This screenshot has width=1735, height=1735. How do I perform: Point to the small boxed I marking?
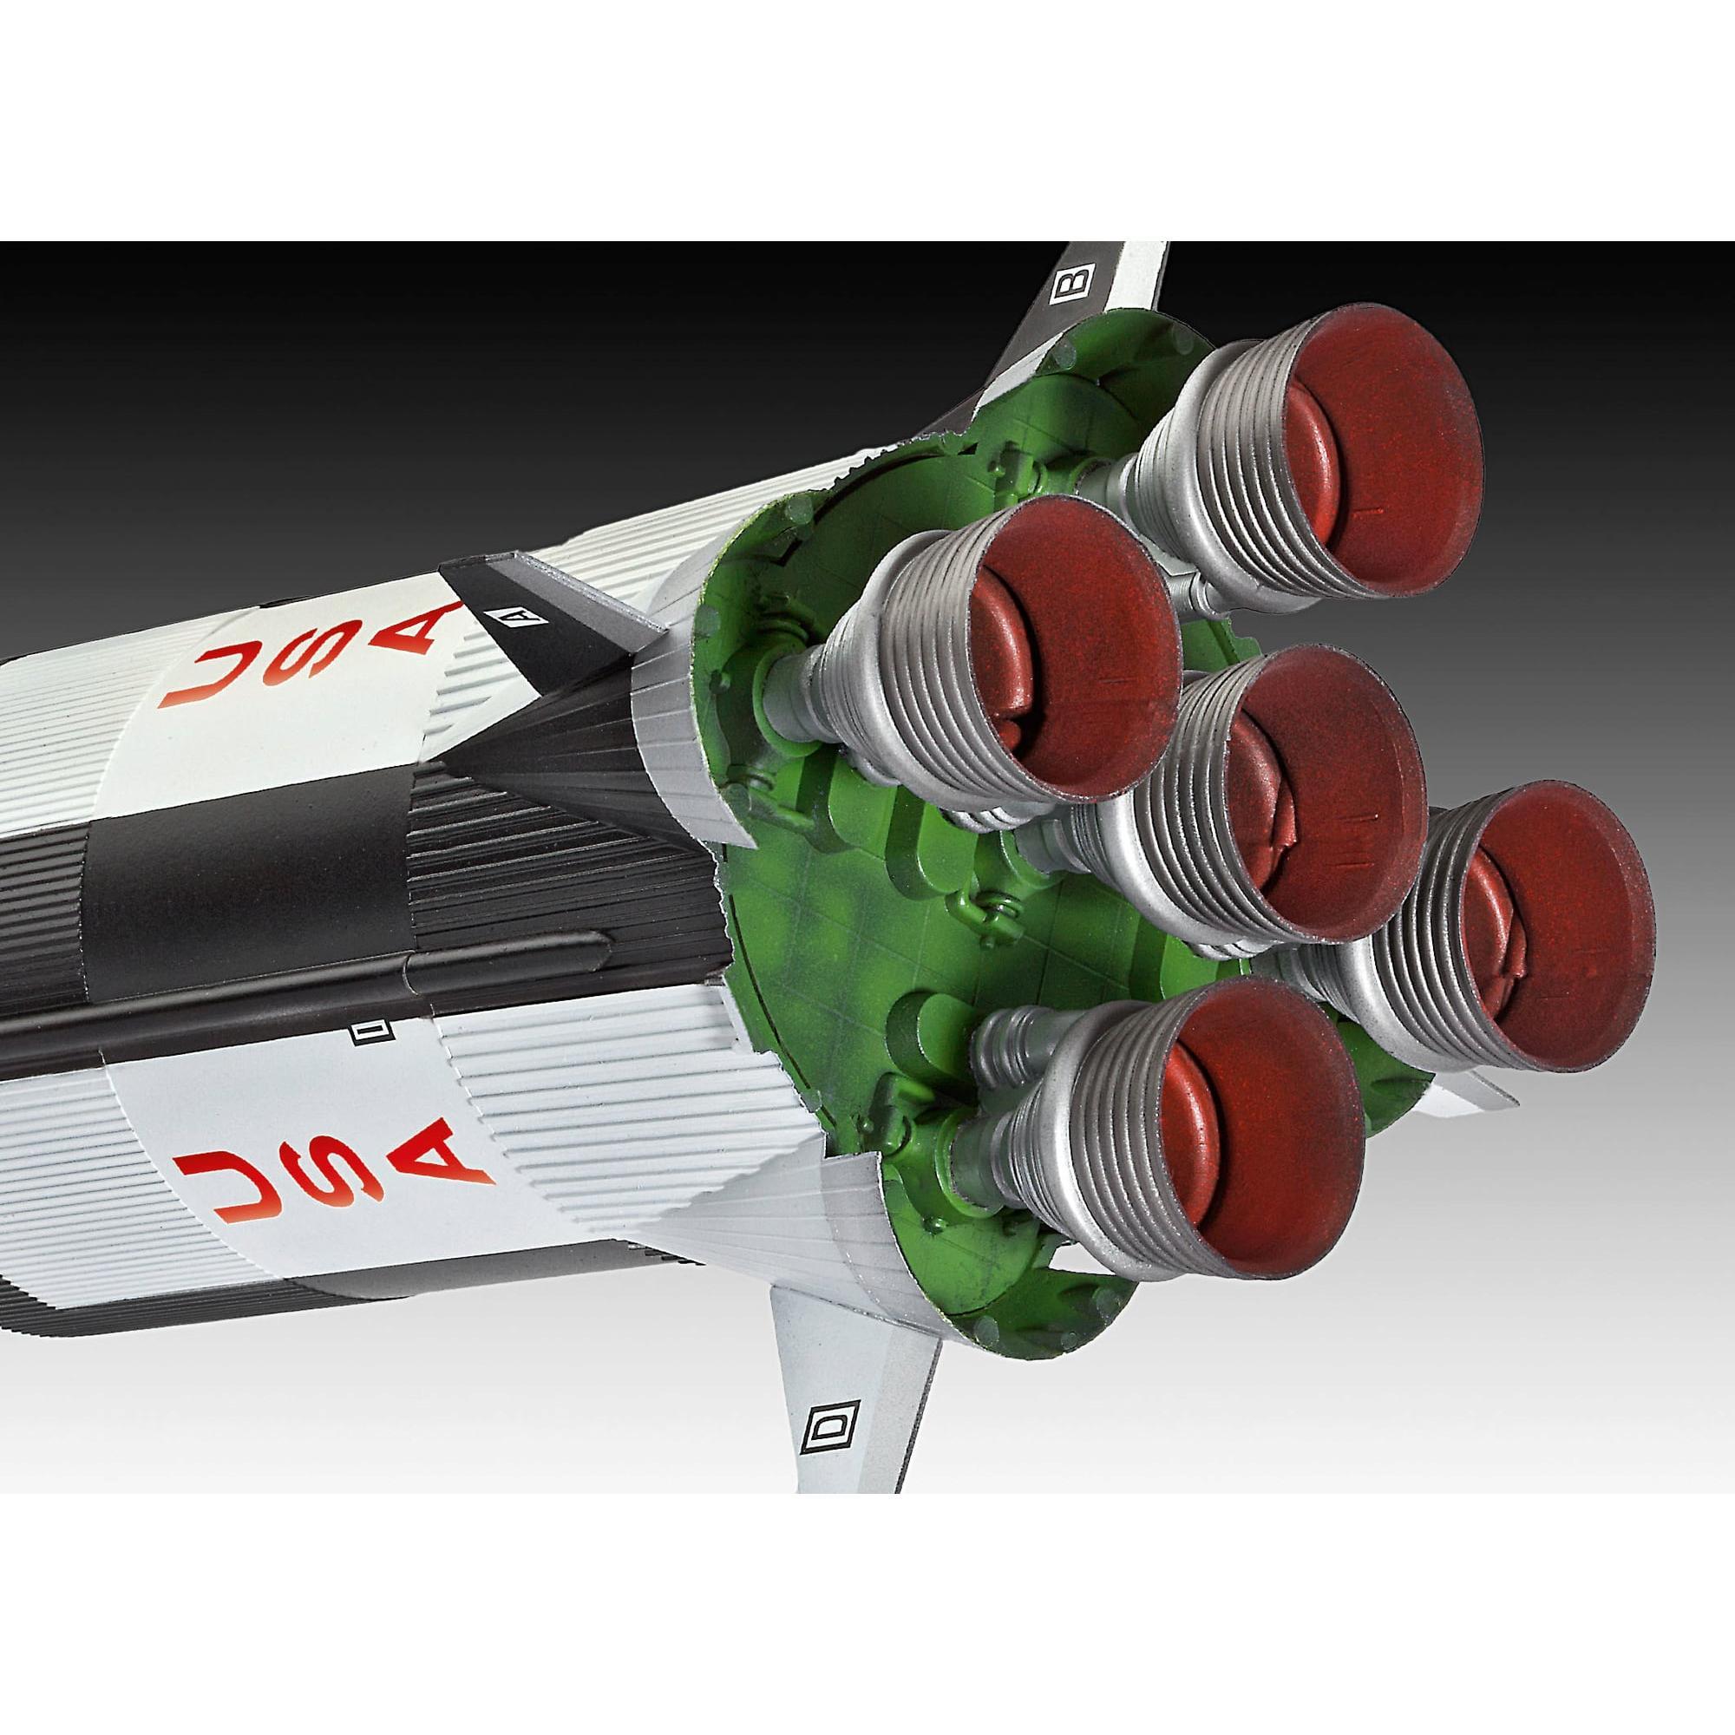coord(365,1037)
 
